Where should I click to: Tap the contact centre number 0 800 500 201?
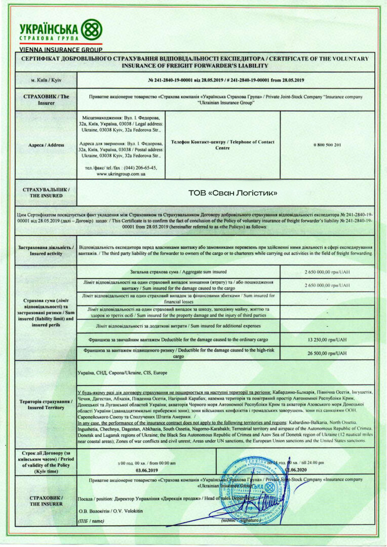327,145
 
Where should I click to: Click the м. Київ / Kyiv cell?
46,81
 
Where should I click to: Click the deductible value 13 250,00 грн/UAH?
327,339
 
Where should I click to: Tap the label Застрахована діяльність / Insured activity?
46,250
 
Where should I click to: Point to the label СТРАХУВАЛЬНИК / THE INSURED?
46,192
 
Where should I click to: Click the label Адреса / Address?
46,145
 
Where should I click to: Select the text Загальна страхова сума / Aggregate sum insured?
178,272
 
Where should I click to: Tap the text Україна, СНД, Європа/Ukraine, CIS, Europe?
122,372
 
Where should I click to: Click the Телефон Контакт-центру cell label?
223,145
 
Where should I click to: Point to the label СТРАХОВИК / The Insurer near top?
46,99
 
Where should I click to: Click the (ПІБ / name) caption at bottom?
91,520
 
